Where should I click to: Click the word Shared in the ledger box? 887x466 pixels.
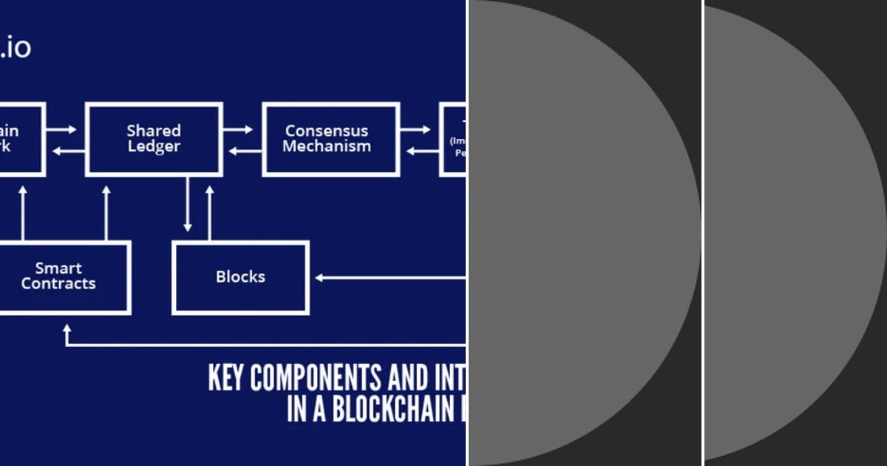pyautogui.click(x=154, y=131)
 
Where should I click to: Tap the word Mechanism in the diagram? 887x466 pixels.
pyautogui.click(x=326, y=146)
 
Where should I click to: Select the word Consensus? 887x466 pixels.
pyautogui.click(x=326, y=131)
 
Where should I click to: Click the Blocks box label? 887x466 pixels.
pyautogui.click(x=240, y=277)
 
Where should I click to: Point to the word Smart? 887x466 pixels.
pyautogui.click(x=58, y=269)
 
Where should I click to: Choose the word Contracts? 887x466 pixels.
pyautogui.click(x=58, y=284)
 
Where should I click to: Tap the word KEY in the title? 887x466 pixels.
pyautogui.click(x=226, y=378)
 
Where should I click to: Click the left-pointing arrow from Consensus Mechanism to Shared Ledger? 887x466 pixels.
pyautogui.click(x=244, y=152)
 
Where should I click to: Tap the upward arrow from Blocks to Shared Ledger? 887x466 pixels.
pyautogui.click(x=210, y=211)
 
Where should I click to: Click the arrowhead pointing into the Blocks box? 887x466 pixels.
pyautogui.click(x=320, y=278)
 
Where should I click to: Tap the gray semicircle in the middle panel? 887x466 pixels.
pyautogui.click(x=577, y=233)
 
